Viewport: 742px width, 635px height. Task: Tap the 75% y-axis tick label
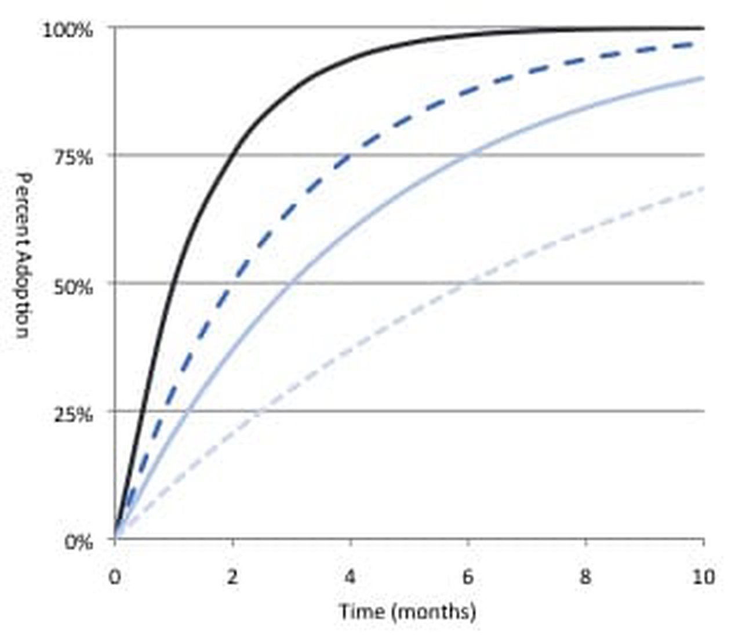73,157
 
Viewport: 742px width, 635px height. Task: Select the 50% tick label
73,286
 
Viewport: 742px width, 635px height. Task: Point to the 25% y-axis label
73,414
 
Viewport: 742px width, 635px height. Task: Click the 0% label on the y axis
79,542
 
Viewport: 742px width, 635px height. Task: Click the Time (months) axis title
408,611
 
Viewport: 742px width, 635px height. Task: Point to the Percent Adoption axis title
22,255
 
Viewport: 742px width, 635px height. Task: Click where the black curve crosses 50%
172,283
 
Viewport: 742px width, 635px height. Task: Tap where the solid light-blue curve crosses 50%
292,283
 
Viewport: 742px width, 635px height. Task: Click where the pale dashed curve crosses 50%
468,283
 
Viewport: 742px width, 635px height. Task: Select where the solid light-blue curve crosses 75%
468,155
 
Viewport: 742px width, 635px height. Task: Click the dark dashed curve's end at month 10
703,43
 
